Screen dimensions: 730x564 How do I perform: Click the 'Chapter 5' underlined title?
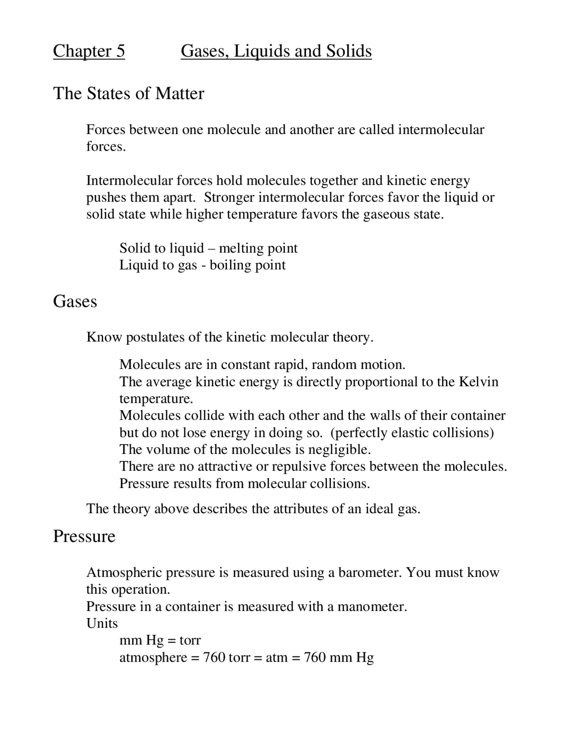(89, 51)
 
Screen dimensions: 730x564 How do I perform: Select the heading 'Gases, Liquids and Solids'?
(276, 51)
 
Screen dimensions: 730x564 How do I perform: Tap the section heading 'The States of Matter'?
(129, 93)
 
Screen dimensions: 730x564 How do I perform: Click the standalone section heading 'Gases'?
(75, 302)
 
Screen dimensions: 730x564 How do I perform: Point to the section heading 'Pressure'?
(84, 536)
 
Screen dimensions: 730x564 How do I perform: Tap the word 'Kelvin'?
(479, 381)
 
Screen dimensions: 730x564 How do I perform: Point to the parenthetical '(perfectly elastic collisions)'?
(412, 432)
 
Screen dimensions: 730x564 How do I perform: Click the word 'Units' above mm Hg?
(102, 623)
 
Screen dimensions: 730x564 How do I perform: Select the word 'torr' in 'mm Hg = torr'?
(190, 640)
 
